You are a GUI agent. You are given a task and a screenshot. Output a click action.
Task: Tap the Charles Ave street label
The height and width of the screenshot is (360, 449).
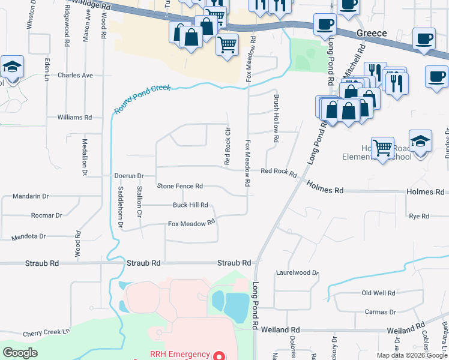75,76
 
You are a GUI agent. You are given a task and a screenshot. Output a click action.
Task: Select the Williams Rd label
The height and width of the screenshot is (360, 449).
74,118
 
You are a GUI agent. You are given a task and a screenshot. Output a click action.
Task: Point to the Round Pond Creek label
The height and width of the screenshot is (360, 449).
142,98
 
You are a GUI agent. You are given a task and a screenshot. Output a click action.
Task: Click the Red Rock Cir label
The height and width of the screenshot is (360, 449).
228,146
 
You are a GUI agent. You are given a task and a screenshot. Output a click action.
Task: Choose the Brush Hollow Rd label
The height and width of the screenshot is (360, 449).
277,118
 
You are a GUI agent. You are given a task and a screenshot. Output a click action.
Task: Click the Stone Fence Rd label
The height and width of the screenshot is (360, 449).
180,187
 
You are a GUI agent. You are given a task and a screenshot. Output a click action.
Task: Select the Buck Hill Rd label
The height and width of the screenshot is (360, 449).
190,205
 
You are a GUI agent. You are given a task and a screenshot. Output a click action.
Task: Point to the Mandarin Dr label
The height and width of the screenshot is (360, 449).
31,196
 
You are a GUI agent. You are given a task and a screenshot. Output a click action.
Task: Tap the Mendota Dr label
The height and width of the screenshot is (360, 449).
28,236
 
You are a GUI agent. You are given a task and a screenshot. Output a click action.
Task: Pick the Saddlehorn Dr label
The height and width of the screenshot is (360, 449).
121,208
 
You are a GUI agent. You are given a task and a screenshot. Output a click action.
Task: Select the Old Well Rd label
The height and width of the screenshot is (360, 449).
378,293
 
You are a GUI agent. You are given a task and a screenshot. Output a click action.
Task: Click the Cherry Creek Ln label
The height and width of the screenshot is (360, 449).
46,332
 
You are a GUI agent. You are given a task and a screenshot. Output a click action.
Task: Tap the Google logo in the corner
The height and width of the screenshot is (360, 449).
20,353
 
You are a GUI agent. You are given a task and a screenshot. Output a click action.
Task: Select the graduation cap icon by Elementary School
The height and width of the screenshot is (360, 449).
421,142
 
